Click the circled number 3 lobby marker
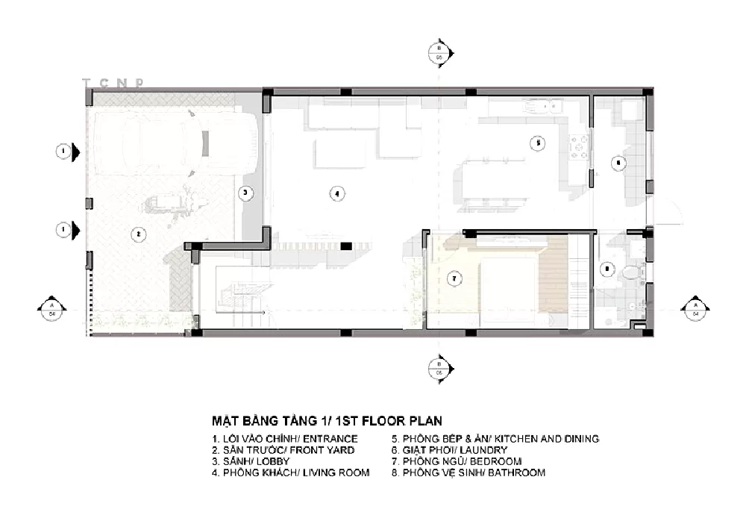click(246, 193)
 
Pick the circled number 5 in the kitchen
click(535, 143)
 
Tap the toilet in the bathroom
click(632, 273)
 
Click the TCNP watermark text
click(113, 83)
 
